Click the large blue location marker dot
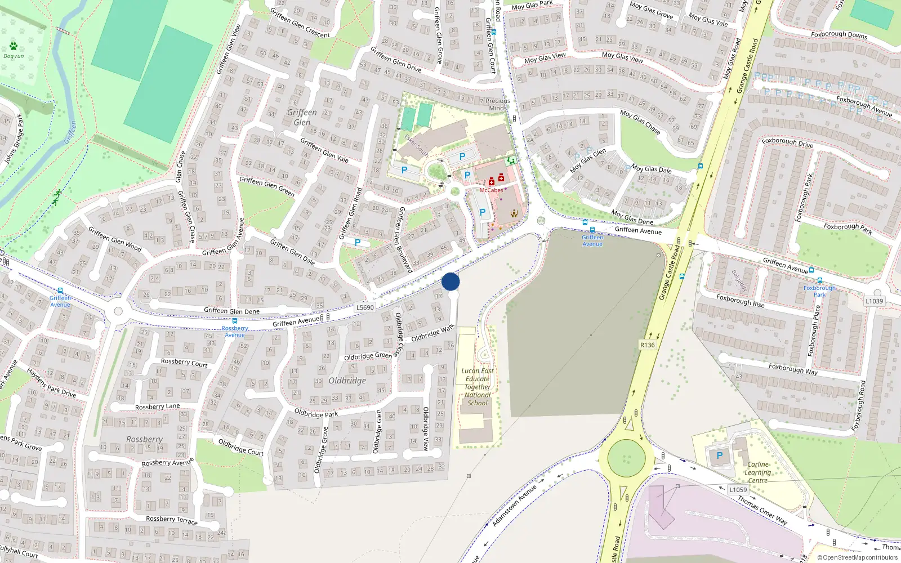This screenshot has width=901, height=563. click(x=450, y=281)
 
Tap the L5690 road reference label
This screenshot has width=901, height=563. click(x=365, y=307)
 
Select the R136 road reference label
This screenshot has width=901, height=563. click(x=648, y=345)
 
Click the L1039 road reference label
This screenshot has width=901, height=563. click(x=874, y=301)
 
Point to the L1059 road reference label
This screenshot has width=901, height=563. click(x=738, y=490)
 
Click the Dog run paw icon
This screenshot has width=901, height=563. click(x=13, y=46)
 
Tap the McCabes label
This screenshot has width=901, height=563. click(x=491, y=190)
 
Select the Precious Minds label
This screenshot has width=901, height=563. click(x=498, y=105)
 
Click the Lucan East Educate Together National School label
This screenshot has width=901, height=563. click(x=478, y=387)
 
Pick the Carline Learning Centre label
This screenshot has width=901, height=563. click(x=757, y=472)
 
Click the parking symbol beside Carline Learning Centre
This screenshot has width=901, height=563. click(x=719, y=455)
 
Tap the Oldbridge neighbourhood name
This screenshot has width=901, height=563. click(x=347, y=381)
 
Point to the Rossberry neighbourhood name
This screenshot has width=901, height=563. click(x=144, y=439)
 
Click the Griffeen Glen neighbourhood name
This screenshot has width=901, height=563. click(x=302, y=117)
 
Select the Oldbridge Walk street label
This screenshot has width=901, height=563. click(x=432, y=333)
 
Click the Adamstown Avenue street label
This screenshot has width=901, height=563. click(x=514, y=506)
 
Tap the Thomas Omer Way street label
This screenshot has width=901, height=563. click(x=762, y=510)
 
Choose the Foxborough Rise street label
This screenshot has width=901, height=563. click(x=740, y=301)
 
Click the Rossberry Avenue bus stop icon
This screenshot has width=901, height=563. click(x=235, y=321)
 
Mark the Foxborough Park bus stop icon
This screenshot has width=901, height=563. click(x=820, y=280)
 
